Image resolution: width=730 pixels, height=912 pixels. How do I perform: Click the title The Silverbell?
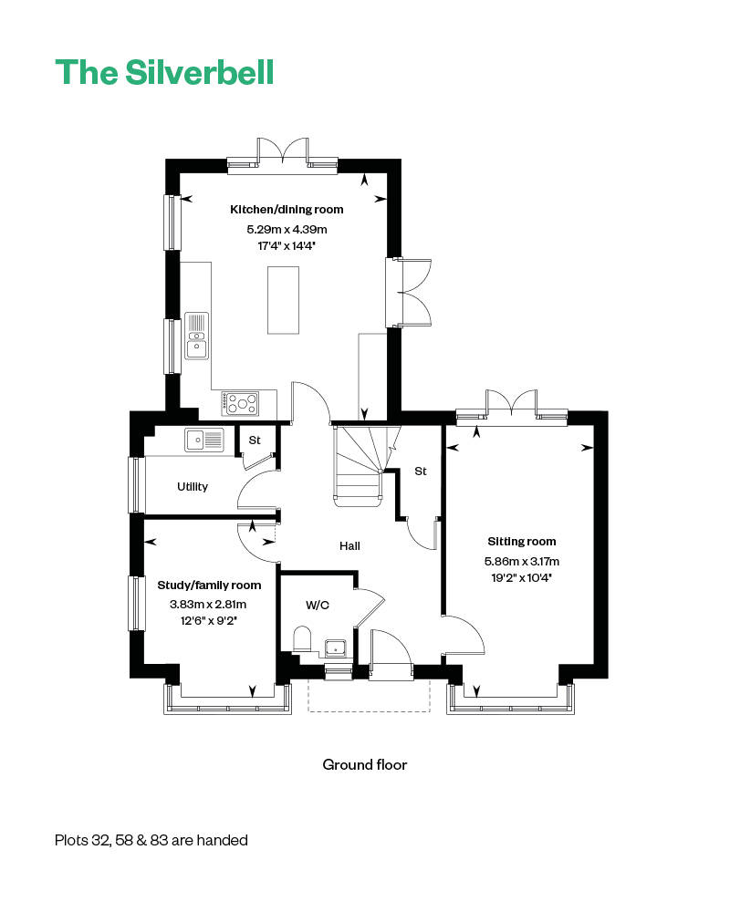pyautogui.click(x=165, y=73)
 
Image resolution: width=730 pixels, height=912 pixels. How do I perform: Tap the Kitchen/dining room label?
pyautogui.click(x=287, y=210)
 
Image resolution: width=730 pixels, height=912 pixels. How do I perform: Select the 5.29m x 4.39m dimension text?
pyautogui.click(x=287, y=229)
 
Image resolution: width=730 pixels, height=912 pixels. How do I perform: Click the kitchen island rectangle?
pyautogui.click(x=283, y=300)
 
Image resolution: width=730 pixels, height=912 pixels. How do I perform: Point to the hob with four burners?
pyautogui.click(x=240, y=403)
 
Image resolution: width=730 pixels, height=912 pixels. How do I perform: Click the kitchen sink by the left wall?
pyautogui.click(x=197, y=337)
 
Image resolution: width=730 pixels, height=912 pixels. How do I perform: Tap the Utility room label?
pyautogui.click(x=193, y=487)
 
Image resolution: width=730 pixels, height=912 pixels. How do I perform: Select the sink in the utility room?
pyautogui.click(x=203, y=440)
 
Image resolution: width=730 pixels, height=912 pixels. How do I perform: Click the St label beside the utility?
pyautogui.click(x=255, y=440)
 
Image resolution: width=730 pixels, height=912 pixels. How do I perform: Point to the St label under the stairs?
pyautogui.click(x=421, y=472)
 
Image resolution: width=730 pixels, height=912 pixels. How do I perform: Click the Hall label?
pyautogui.click(x=349, y=545)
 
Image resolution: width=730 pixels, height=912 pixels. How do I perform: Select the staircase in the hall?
pyautogui.click(x=364, y=465)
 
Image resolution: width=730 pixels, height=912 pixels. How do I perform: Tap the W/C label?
pyautogui.click(x=318, y=605)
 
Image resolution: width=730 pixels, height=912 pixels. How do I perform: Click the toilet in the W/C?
pyautogui.click(x=302, y=638)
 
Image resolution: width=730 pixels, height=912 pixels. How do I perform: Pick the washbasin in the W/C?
pyautogui.click(x=336, y=648)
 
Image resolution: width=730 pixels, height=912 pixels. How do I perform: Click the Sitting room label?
pyautogui.click(x=522, y=542)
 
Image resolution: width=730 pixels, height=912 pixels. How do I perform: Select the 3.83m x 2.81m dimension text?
pyautogui.click(x=208, y=605)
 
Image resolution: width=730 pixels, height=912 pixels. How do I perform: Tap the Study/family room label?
pyautogui.click(x=209, y=586)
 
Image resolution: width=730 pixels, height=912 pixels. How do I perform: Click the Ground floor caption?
pyautogui.click(x=364, y=764)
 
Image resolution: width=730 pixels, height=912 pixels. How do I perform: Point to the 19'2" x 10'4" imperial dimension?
pyautogui.click(x=521, y=577)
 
